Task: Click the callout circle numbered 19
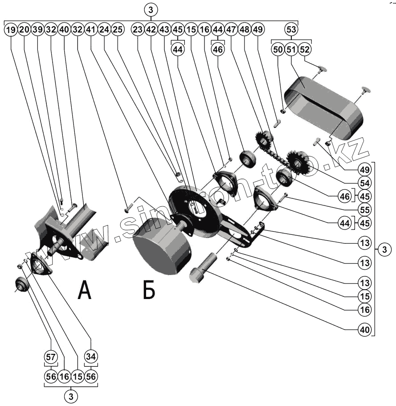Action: (x=11, y=30)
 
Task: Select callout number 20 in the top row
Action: (x=24, y=30)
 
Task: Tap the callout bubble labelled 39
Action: (x=37, y=30)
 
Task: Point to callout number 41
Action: (x=91, y=30)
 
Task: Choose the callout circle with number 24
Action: (x=104, y=30)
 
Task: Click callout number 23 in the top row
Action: (x=138, y=30)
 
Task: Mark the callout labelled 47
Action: (x=231, y=30)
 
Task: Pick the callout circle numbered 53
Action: (x=291, y=30)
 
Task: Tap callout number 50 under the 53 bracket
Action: (x=278, y=49)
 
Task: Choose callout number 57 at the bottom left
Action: (x=51, y=357)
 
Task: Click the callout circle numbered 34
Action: (x=91, y=357)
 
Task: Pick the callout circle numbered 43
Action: (x=164, y=30)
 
